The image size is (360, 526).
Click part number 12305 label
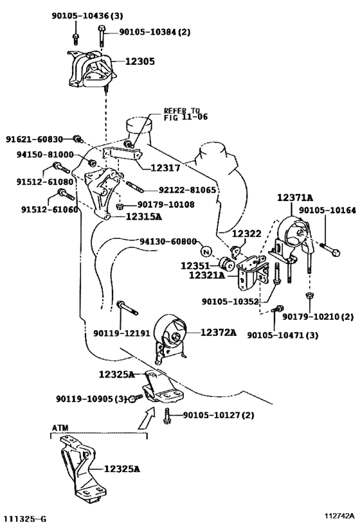pyautogui.click(x=140, y=62)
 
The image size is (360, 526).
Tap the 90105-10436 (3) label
pyautogui.click(x=87, y=15)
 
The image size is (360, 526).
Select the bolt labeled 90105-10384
pyautogui.click(x=102, y=35)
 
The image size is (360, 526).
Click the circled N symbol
pyautogui.click(x=206, y=252)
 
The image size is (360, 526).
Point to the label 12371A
pyautogui.click(x=295, y=198)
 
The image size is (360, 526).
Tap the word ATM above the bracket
pyautogui.click(x=60, y=428)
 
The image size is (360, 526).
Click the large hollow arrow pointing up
pyautogui.click(x=147, y=417)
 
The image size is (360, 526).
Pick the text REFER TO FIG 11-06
pyautogui.click(x=186, y=114)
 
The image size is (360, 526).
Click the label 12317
pyautogui.click(x=165, y=168)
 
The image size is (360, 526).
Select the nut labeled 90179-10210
pyautogui.click(x=310, y=295)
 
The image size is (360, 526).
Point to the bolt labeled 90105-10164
pyautogui.click(x=330, y=250)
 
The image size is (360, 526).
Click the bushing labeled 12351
pyautogui.click(x=226, y=264)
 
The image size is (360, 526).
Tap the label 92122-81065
pyautogui.click(x=187, y=190)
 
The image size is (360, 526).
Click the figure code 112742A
pyautogui.click(x=339, y=515)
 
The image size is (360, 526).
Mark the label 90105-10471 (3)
pyautogui.click(x=283, y=335)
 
